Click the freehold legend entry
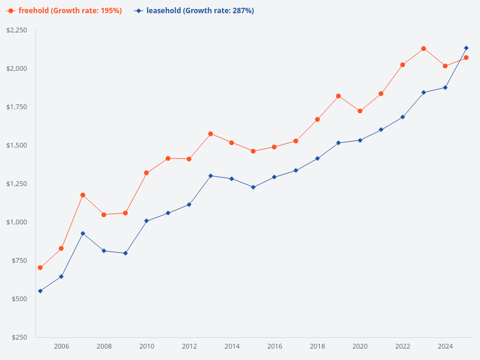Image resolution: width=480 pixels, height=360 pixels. (65, 11)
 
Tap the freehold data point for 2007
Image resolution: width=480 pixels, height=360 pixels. (83, 195)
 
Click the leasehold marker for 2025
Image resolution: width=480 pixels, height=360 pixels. (466, 48)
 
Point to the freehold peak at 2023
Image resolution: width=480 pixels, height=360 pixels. (424, 49)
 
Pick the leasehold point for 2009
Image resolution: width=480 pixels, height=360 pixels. (125, 253)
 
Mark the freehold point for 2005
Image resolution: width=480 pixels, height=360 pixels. (40, 268)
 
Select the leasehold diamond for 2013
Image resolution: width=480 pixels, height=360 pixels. (211, 176)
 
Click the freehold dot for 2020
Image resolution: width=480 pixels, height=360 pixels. (360, 111)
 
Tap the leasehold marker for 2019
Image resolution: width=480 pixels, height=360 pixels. (338, 143)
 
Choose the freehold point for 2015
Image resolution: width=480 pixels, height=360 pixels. (253, 151)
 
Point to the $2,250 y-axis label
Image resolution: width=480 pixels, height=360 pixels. (17, 30)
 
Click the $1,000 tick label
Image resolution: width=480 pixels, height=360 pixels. (17, 222)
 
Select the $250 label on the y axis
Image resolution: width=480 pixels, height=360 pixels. (19, 337)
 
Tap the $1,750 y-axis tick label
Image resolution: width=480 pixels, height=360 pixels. (17, 107)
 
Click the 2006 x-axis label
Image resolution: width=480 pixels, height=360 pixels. (61, 346)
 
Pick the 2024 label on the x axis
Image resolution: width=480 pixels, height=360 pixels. (445, 346)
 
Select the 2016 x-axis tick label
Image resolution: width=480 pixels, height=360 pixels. (275, 346)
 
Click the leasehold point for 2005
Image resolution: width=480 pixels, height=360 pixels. (40, 291)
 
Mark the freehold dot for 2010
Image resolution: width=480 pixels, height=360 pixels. (146, 173)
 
